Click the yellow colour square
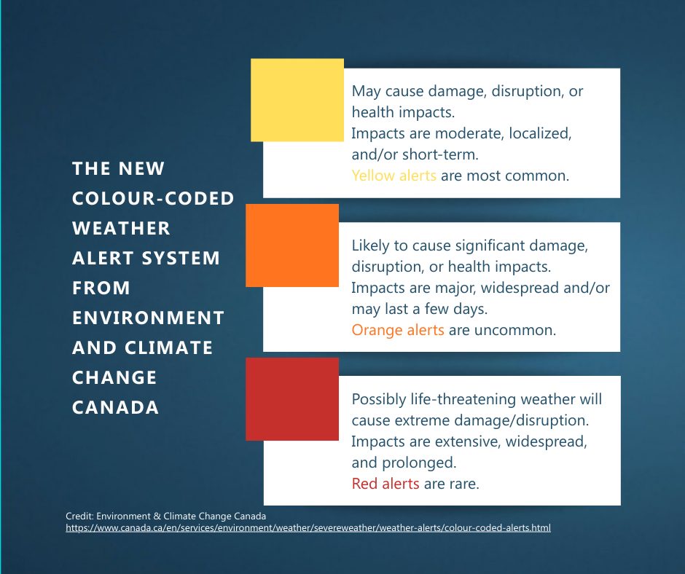pos(297,100)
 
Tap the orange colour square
pos(292,245)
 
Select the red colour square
pos(292,399)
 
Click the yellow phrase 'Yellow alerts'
pos(394,176)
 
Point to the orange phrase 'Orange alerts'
pos(398,330)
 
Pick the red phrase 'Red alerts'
pos(385,484)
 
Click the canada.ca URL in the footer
pos(308,527)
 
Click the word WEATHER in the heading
pos(121,228)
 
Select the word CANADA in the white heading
pos(115,407)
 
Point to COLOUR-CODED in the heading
pos(153,198)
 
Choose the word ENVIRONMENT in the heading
pos(148,318)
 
